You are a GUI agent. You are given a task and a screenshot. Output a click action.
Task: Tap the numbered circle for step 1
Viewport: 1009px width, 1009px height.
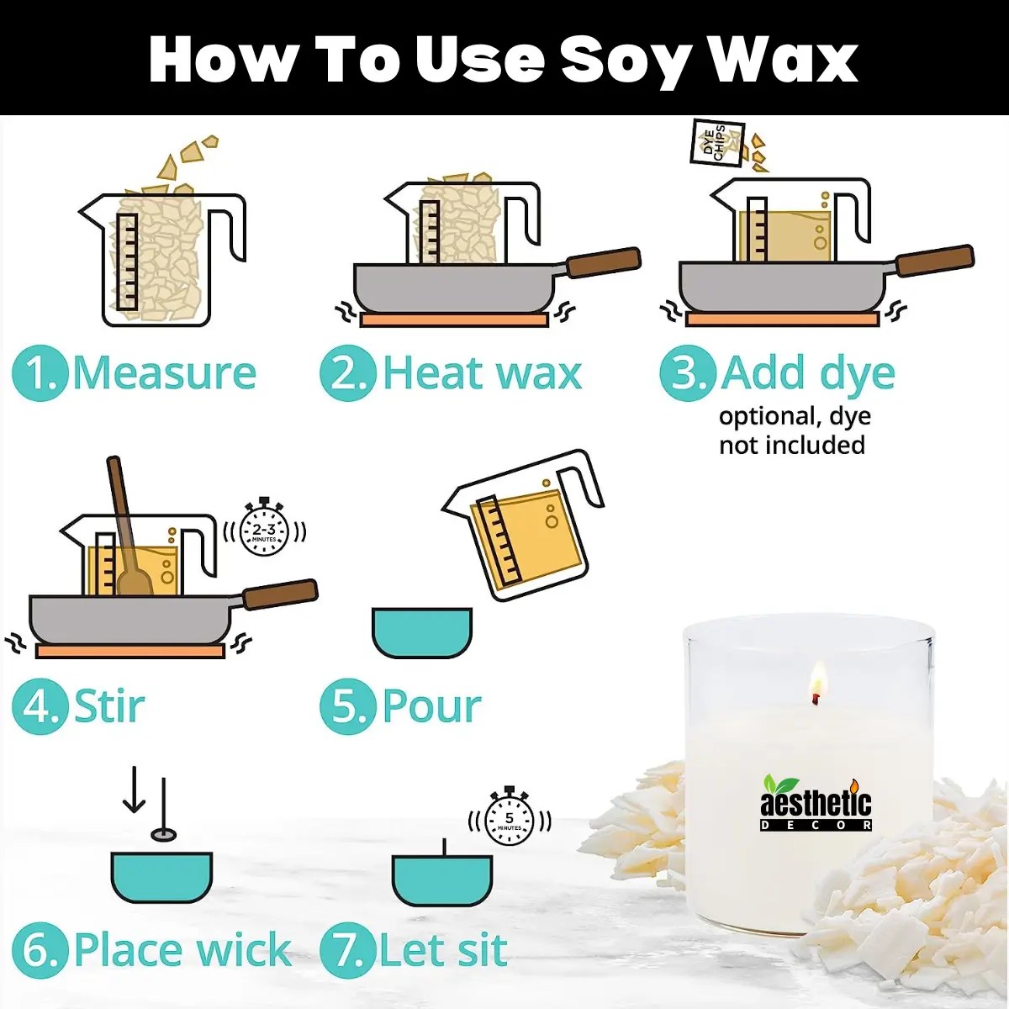click(x=40, y=373)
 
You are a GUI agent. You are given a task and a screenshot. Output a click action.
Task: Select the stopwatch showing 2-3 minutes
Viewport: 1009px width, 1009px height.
click(x=264, y=529)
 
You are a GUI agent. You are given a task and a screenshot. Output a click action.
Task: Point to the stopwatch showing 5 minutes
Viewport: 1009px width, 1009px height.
click(x=509, y=817)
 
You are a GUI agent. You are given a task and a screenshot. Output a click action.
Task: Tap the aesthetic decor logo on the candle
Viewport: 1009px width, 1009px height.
click(x=816, y=804)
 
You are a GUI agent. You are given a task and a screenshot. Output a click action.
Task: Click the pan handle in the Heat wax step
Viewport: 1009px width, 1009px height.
click(x=602, y=262)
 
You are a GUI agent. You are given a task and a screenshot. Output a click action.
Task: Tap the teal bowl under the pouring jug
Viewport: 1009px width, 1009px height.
click(x=422, y=632)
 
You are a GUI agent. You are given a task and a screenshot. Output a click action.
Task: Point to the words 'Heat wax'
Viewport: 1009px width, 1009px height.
click(x=482, y=373)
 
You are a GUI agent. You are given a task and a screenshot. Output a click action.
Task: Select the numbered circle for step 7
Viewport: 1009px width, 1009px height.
click(x=346, y=950)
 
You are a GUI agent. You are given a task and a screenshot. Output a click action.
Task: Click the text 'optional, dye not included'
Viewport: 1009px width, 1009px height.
click(x=793, y=431)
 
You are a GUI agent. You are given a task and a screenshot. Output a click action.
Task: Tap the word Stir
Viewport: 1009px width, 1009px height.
click(x=109, y=706)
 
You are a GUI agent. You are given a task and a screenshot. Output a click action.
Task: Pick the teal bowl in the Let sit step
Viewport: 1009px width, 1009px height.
click(x=442, y=880)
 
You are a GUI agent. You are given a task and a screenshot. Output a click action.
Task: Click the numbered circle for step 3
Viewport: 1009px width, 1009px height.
click(x=687, y=373)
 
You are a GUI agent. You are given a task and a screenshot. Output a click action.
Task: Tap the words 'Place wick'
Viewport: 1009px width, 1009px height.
click(x=182, y=950)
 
